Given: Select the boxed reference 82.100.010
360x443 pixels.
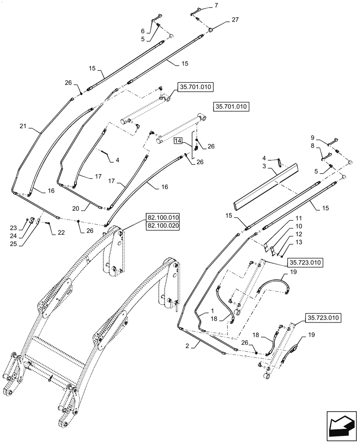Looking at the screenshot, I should pos(162,217).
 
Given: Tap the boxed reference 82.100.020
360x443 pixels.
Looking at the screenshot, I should pos(162,225).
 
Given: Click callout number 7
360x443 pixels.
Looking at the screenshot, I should pos(216,5).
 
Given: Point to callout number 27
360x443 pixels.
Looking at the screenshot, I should pos(235,20).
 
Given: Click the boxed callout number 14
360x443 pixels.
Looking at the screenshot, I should pos(177,141).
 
